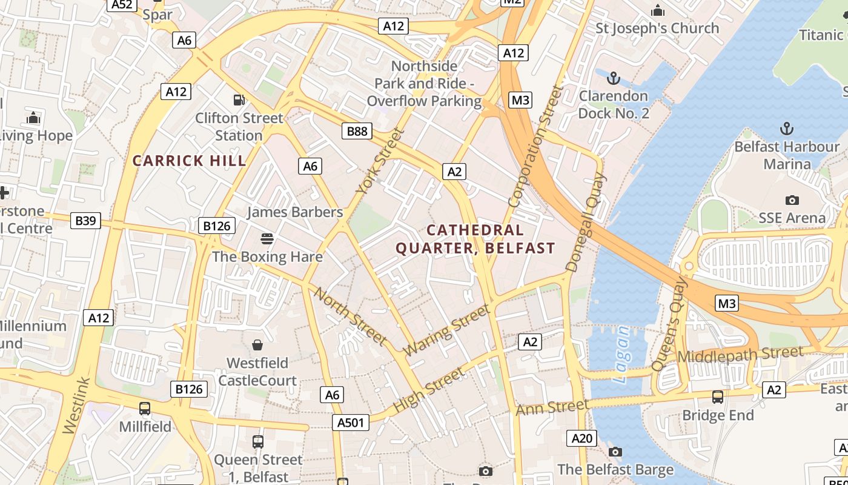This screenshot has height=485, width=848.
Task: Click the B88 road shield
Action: point(356,131)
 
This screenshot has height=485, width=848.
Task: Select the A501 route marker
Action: point(351,422)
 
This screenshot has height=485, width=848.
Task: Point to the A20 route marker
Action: point(581,438)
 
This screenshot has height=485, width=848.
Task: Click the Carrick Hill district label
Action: point(190,161)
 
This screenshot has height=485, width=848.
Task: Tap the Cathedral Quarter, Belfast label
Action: point(475,239)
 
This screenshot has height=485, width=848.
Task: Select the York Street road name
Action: point(380,161)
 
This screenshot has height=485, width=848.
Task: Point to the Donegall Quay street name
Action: point(585,222)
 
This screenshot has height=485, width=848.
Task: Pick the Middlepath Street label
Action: point(740,355)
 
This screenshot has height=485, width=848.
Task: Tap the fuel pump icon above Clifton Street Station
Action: point(239,100)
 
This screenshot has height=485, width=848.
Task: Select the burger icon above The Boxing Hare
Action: point(267,238)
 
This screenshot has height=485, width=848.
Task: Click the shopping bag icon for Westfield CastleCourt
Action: point(257,345)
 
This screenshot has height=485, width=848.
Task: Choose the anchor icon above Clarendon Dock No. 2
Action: point(614,78)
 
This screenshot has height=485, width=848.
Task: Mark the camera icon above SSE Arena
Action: point(792,200)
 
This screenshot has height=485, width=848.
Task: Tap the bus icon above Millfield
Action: point(145,409)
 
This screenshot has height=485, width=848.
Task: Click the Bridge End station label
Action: point(718,415)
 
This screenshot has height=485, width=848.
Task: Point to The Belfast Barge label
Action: point(615,469)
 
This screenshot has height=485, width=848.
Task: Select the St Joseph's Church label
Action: point(657,28)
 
